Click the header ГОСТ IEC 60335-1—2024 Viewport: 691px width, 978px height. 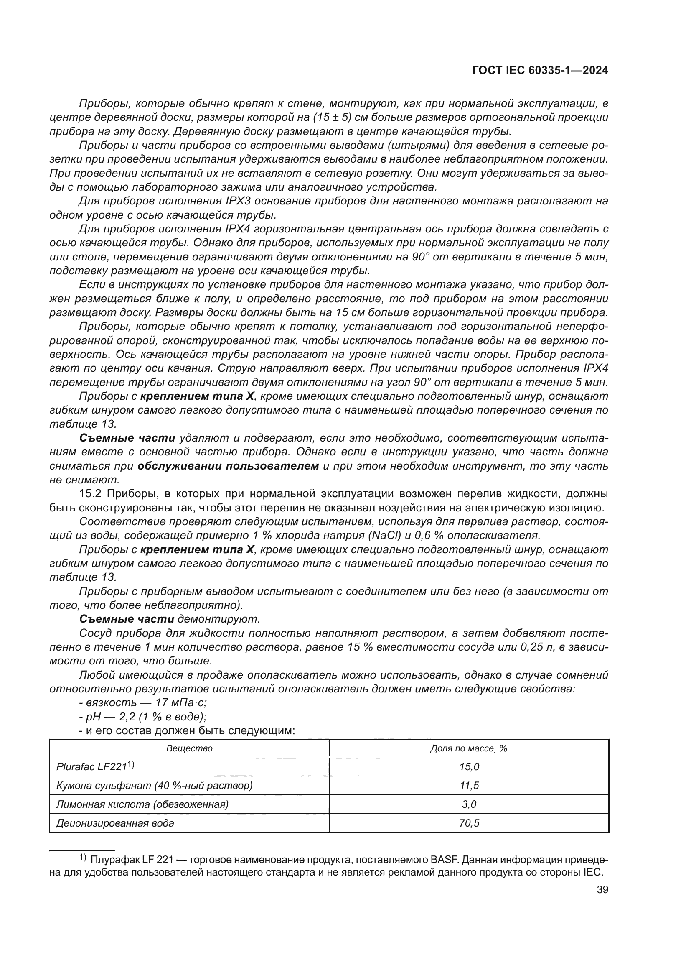coord(539,71)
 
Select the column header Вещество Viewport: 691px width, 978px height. coord(189,748)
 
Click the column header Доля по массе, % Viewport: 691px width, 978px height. coord(468,748)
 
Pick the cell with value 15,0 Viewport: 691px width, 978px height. coord(469,767)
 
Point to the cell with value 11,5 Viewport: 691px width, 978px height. coord(469,786)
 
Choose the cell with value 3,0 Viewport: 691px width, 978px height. coord(469,804)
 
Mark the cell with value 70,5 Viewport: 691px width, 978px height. coord(469,823)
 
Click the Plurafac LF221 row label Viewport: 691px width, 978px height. coord(95,767)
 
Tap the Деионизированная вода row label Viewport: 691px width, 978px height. coord(115,823)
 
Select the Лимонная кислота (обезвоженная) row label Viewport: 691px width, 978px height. coord(142,804)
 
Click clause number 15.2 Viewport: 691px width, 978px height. coord(91,494)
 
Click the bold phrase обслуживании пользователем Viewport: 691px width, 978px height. coord(228,466)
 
